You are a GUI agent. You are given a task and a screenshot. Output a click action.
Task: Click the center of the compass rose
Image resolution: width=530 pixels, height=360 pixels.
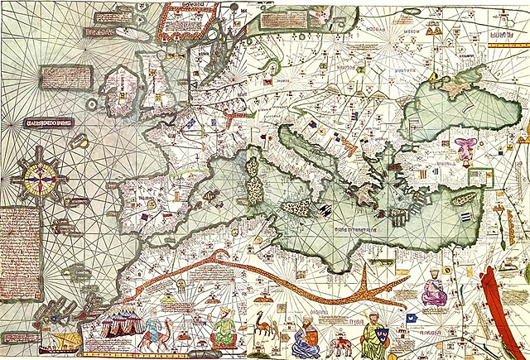(36, 174)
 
